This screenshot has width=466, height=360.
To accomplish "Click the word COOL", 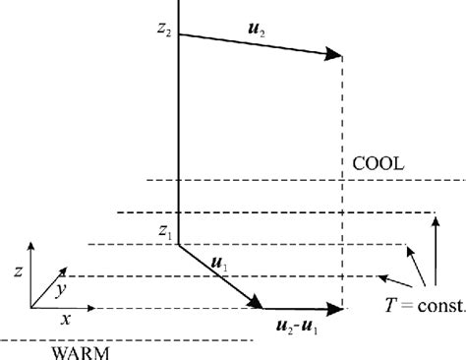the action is pos(378,163).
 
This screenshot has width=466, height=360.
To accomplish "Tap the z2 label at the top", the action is pos(163,32).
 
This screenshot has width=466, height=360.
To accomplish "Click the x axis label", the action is pos(67,319).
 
